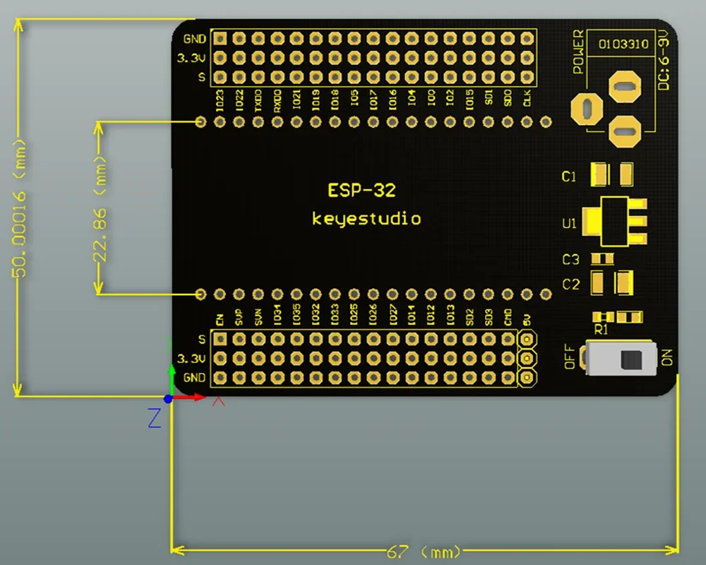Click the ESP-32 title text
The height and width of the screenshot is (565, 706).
pos(361,190)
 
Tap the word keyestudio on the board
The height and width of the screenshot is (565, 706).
pos(366,219)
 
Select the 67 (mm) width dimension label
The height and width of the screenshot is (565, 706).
pos(424,550)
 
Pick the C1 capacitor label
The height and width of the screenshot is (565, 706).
pos(569,177)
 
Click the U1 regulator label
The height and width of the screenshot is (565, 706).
pos(569,224)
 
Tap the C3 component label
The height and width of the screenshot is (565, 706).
pos(570,260)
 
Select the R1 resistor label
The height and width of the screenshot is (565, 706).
pos(602,329)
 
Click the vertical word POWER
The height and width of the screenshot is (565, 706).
pos(579,52)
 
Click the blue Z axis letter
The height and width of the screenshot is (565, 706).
pos(155,419)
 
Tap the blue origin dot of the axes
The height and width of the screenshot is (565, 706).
pos(168,399)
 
